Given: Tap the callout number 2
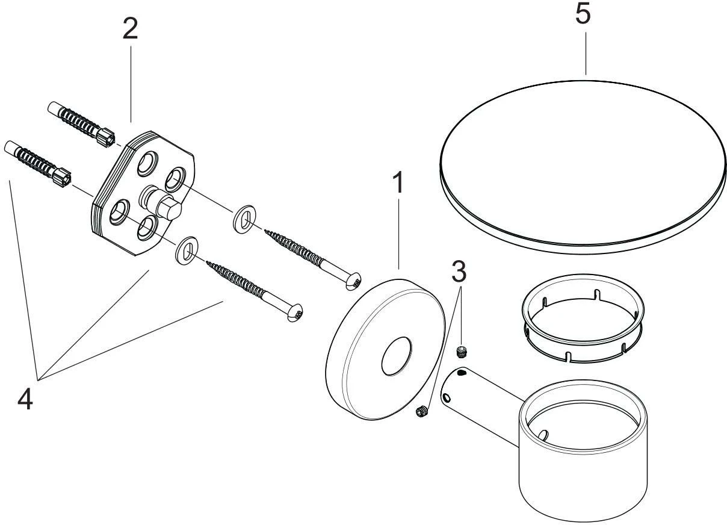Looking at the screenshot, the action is pos(131,28).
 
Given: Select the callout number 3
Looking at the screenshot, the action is pos(459,272).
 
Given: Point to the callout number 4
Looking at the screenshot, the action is pos(25,400).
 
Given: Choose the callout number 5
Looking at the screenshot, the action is pos(583,14).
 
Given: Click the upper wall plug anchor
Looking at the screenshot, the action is pos(81,124).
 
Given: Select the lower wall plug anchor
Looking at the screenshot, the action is pos(38,163).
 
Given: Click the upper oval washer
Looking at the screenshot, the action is pos(244,219).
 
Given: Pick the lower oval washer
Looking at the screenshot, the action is pos(187,250).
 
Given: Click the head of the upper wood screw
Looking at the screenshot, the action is pos(353,281).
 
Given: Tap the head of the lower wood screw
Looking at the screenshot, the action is pos(295,313).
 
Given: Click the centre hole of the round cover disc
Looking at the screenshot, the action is pos(396,356).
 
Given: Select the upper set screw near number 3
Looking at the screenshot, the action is pos(462,352).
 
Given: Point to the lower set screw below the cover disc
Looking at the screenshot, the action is pos(422,412).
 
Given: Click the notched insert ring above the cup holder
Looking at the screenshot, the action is pos(583,318).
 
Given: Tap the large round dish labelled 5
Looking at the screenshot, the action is pos(583,167).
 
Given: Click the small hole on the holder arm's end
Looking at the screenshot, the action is pos(448,397).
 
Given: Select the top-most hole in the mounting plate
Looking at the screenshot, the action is pos(147,164).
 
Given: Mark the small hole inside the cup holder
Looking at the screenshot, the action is pos(543,435).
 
